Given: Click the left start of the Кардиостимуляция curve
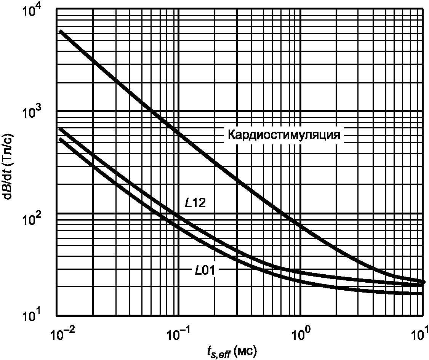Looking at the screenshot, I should click(x=60, y=31).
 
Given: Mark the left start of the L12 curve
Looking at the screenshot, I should click(x=60, y=129).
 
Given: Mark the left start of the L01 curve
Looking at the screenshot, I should click(x=60, y=139).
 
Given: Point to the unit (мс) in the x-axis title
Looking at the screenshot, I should click(x=247, y=351).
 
